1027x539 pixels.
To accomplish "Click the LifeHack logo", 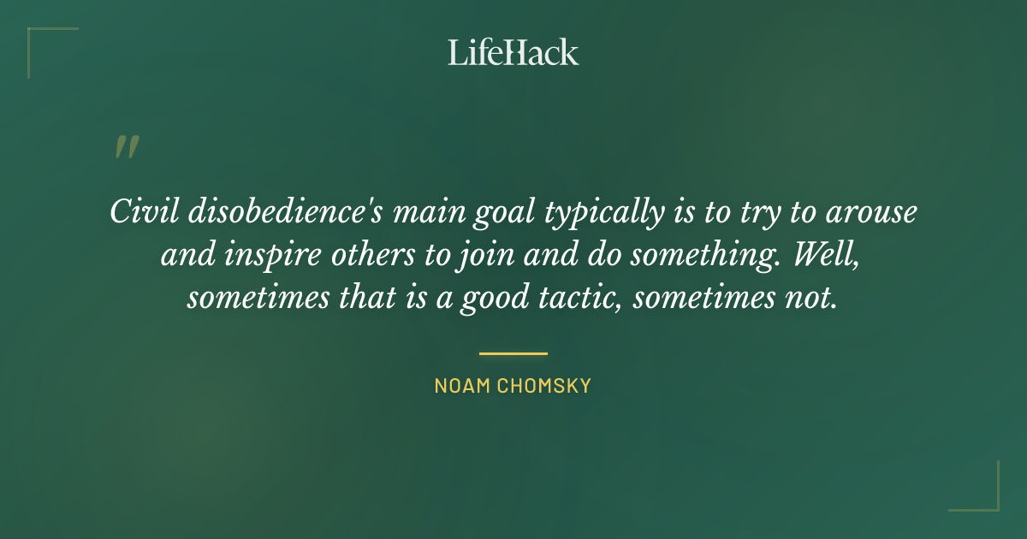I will tap(513, 52).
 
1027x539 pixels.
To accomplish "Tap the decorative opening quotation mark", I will tap(126, 147).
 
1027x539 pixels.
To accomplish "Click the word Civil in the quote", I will tap(135, 211).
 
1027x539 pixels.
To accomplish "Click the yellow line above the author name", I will tap(513, 352).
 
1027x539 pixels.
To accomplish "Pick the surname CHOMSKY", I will tap(545, 386).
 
